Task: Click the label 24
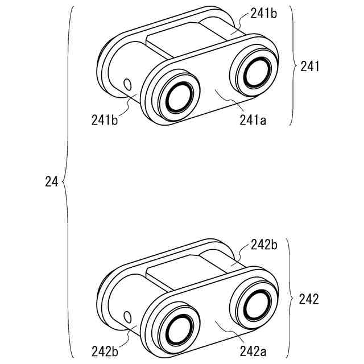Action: pyautogui.click(x=51, y=182)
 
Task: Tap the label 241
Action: pyautogui.click(x=311, y=67)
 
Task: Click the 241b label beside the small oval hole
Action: pyautogui.click(x=105, y=120)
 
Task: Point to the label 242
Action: pyautogui.click(x=311, y=298)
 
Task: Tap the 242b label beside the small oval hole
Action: pyautogui.click(x=105, y=351)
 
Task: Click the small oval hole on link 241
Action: pyautogui.click(x=127, y=85)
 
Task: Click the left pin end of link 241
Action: pyautogui.click(x=180, y=97)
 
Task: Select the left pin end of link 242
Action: pyautogui.click(x=180, y=328)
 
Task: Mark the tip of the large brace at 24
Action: pyautogui.click(x=62, y=182)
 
